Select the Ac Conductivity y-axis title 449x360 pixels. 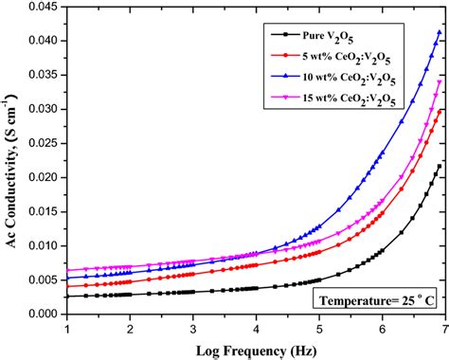pyautogui.click(x=10, y=161)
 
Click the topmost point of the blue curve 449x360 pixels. pyautogui.click(x=439, y=32)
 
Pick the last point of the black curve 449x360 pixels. pyautogui.click(x=439, y=166)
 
